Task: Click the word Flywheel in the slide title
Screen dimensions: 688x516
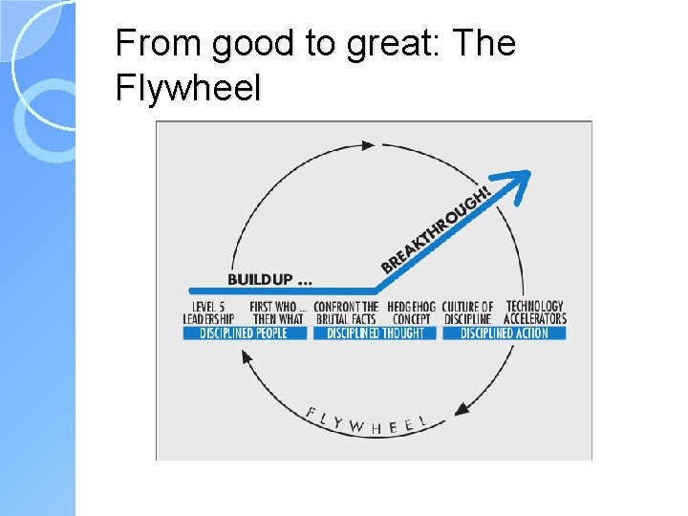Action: (x=186, y=88)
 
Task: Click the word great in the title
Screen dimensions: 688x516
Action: (x=389, y=45)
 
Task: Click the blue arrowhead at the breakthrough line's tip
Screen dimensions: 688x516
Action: (x=518, y=180)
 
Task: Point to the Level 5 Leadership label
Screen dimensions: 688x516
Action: (x=208, y=312)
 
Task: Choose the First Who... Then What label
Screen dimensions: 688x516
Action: (x=277, y=312)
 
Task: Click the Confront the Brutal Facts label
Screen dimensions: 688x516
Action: (x=346, y=312)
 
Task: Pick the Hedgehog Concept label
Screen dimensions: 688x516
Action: (x=412, y=312)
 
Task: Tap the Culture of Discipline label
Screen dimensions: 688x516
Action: (x=467, y=312)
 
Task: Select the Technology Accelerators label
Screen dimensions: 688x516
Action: (x=535, y=312)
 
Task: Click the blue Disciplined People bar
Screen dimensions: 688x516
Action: (x=246, y=333)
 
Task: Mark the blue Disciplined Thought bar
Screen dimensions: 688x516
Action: (x=375, y=333)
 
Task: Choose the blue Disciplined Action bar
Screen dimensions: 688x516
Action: (x=504, y=333)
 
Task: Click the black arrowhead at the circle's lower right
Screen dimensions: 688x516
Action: (x=462, y=408)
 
